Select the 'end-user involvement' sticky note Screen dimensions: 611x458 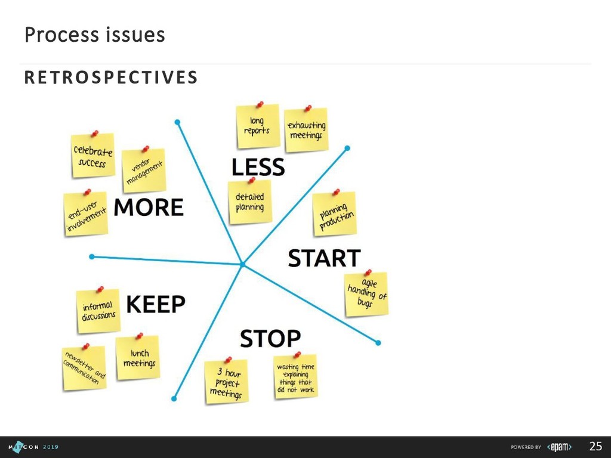tap(86, 214)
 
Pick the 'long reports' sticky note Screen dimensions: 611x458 tap(257, 126)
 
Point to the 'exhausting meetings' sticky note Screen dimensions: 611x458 tap(306, 130)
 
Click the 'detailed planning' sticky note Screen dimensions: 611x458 tap(250, 202)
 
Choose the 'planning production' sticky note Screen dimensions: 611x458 tap(335, 213)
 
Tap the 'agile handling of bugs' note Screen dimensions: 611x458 tap(366, 294)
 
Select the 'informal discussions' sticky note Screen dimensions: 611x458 tap(98, 311)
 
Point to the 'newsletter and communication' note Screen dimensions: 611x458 tap(84, 368)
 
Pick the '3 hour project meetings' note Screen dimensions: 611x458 tap(226, 382)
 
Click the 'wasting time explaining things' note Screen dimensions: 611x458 tap(295, 377)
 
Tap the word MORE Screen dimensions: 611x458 tap(149, 208)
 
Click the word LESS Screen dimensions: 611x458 tap(258, 167)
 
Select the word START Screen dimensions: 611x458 tap(324, 259)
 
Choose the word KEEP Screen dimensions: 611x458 tap(156, 304)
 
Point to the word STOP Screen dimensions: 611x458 tap(270, 339)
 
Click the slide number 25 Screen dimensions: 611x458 tap(595, 446)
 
